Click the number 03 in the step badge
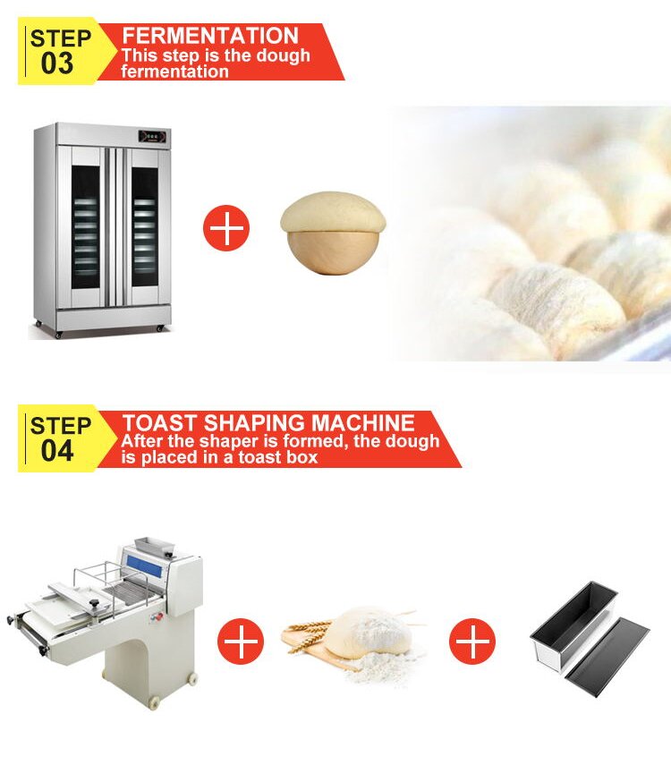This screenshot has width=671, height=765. click(x=58, y=64)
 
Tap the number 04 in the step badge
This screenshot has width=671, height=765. click(x=58, y=451)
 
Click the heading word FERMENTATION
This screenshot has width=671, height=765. click(x=210, y=36)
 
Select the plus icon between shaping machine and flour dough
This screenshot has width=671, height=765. click(x=242, y=641)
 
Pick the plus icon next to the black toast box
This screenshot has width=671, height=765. click(x=472, y=641)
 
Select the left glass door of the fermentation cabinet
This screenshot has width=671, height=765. click(x=86, y=228)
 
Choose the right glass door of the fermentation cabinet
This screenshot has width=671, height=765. click(x=144, y=228)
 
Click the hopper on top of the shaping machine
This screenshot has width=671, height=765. click(x=152, y=545)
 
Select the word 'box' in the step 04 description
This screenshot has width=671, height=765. click(x=300, y=458)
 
